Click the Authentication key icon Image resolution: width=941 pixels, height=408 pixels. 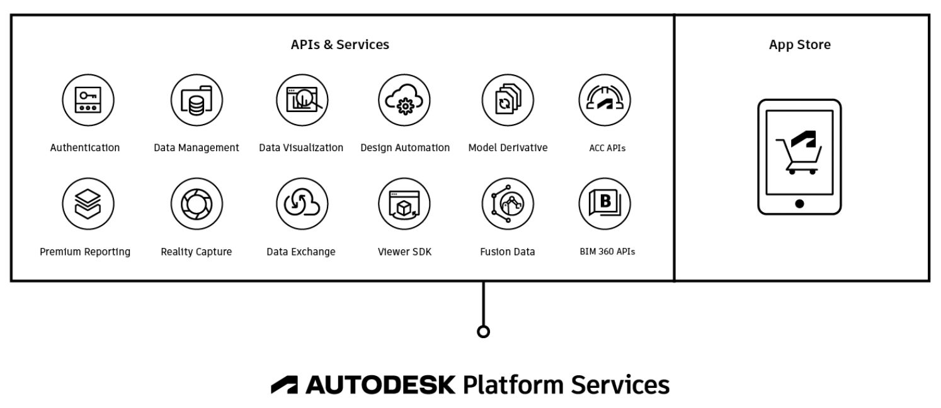(88, 100)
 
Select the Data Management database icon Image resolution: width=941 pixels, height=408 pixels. (196, 100)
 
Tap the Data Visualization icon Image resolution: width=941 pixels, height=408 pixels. (302, 100)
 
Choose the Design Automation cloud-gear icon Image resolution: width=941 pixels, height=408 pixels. (404, 100)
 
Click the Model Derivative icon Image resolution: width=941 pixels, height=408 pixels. (508, 100)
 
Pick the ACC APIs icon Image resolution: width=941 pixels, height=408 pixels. (605, 100)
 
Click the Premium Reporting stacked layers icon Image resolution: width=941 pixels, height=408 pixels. (88, 203)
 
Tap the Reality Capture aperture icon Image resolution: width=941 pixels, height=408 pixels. (196, 203)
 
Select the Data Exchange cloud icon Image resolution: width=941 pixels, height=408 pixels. (302, 203)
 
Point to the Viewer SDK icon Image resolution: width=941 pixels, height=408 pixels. (404, 203)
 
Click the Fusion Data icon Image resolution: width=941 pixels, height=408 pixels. (508, 203)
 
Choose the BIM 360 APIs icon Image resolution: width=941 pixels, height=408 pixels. (605, 203)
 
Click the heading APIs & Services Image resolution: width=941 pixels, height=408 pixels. (339, 45)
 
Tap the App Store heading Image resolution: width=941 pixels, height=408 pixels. (799, 45)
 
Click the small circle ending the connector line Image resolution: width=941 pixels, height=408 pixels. (483, 332)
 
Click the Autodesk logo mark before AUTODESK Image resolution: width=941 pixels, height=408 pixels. (285, 385)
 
